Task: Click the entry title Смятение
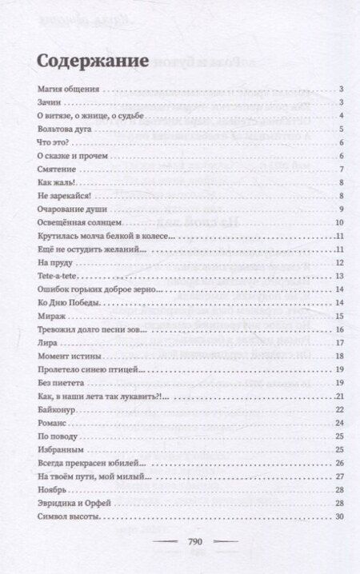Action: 56,169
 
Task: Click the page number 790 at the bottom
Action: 180,543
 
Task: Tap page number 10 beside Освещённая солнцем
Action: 339,223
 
